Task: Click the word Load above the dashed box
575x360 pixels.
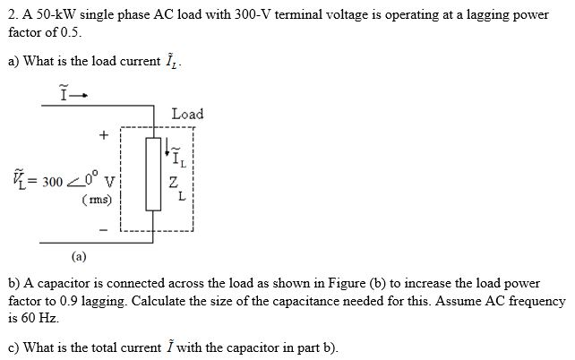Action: coord(187,114)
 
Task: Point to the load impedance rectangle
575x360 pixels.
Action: coord(153,174)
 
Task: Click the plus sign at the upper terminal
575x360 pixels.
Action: coord(104,135)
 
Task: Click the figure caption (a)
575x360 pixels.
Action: coord(80,255)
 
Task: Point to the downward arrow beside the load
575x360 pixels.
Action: coord(167,148)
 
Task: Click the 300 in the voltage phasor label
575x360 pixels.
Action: coord(52,182)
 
